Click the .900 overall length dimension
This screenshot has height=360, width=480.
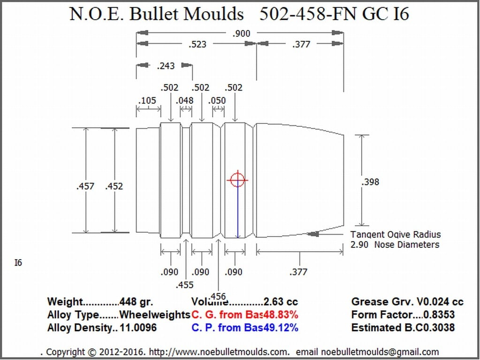pos(242,33)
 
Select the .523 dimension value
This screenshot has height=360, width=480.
pos(198,45)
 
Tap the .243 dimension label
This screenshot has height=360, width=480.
pos(166,66)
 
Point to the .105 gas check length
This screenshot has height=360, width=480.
pos(147,100)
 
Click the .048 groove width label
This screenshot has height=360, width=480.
pos(185,100)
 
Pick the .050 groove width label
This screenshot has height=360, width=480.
pos(217,100)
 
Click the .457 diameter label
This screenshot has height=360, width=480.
pos(85,186)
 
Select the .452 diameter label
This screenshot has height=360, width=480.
pos(114,186)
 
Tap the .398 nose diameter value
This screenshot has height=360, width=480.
pos(370,182)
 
